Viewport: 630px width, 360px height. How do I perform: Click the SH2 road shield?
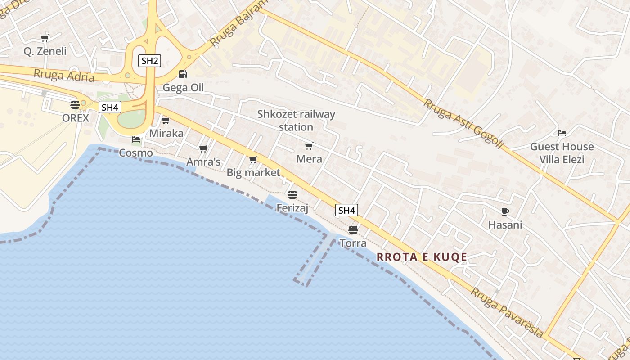[149, 61]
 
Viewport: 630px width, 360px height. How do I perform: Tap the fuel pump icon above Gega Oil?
[183, 74]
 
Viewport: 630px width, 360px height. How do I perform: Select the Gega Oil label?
[183, 87]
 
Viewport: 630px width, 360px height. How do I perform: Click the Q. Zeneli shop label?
[45, 51]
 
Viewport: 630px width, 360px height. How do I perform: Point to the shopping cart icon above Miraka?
[166, 120]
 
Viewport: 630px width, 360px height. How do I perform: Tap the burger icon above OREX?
[75, 105]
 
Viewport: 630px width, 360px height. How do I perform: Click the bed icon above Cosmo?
[136, 139]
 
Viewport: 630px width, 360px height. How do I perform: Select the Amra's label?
[203, 162]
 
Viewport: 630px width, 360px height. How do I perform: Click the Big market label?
[253, 172]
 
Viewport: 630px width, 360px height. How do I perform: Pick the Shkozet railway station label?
[296, 121]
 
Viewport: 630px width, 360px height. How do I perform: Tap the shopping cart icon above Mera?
[309, 146]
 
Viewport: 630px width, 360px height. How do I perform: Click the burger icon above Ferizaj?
[292, 194]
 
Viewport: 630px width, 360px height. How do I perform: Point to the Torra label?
[353, 243]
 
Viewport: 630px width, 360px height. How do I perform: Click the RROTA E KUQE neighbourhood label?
[422, 257]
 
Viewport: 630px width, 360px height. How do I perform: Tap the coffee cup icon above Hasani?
[505, 211]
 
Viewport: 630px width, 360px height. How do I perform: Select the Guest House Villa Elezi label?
[562, 153]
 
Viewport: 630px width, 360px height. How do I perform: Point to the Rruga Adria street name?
[64, 75]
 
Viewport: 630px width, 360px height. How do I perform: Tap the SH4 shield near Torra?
[346, 210]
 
